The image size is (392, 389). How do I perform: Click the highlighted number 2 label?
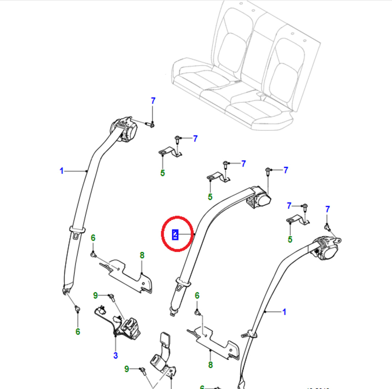175,234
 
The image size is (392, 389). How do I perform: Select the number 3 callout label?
115,356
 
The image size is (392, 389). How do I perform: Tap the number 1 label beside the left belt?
62,171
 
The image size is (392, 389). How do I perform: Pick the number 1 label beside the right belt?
284,312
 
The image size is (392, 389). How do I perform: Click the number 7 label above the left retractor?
153,101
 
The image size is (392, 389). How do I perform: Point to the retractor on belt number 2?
260,198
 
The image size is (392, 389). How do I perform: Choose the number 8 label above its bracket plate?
142,255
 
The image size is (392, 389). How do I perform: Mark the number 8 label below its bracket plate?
210,365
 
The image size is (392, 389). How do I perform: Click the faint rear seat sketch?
245,68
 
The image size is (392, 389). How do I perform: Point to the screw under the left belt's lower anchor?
77,309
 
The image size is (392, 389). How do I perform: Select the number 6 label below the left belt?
78,332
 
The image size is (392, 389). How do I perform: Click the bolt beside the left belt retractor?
151,125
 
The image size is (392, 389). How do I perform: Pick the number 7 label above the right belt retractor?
328,209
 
